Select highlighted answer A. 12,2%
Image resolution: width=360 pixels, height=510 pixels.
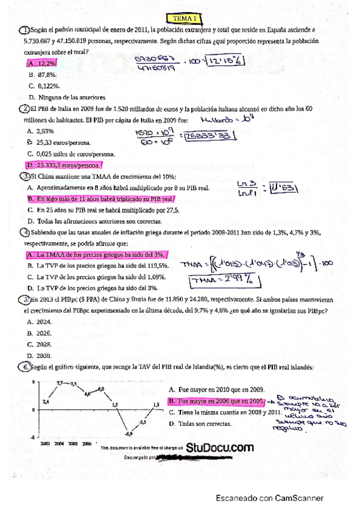(x=41, y=63)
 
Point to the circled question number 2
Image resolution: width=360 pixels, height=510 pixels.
(x=25, y=109)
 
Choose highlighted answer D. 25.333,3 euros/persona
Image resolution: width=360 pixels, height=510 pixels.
(x=64, y=165)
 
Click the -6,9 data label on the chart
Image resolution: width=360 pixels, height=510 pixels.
(x=129, y=434)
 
